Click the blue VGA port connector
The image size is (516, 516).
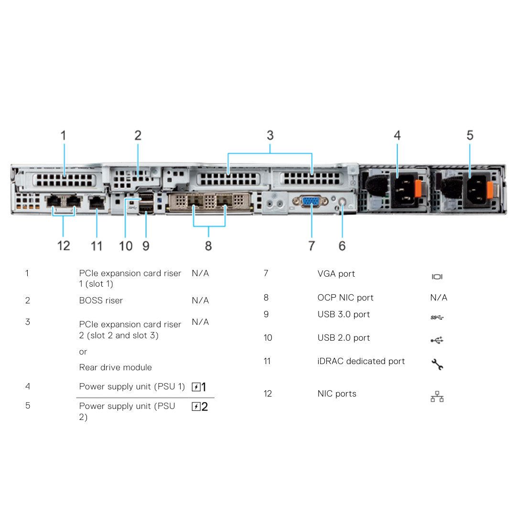[x=311, y=202]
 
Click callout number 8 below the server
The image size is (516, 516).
[x=208, y=246]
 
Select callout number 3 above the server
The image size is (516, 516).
[x=270, y=135]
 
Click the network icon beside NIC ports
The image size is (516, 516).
[x=437, y=397]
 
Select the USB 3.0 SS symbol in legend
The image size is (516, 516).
[x=437, y=317]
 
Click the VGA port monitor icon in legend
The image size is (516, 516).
[x=437, y=277]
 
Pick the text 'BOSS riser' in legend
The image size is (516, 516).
[x=101, y=301]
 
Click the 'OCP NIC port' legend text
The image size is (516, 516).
[x=345, y=298]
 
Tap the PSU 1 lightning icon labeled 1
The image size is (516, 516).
[x=199, y=387]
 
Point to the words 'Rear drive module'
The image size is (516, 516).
[x=116, y=367]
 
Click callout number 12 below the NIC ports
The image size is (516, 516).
[x=64, y=246]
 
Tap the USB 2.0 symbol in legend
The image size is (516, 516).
[x=437, y=340]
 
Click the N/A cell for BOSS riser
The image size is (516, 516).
[x=200, y=301]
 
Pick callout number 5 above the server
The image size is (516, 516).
[x=470, y=135]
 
